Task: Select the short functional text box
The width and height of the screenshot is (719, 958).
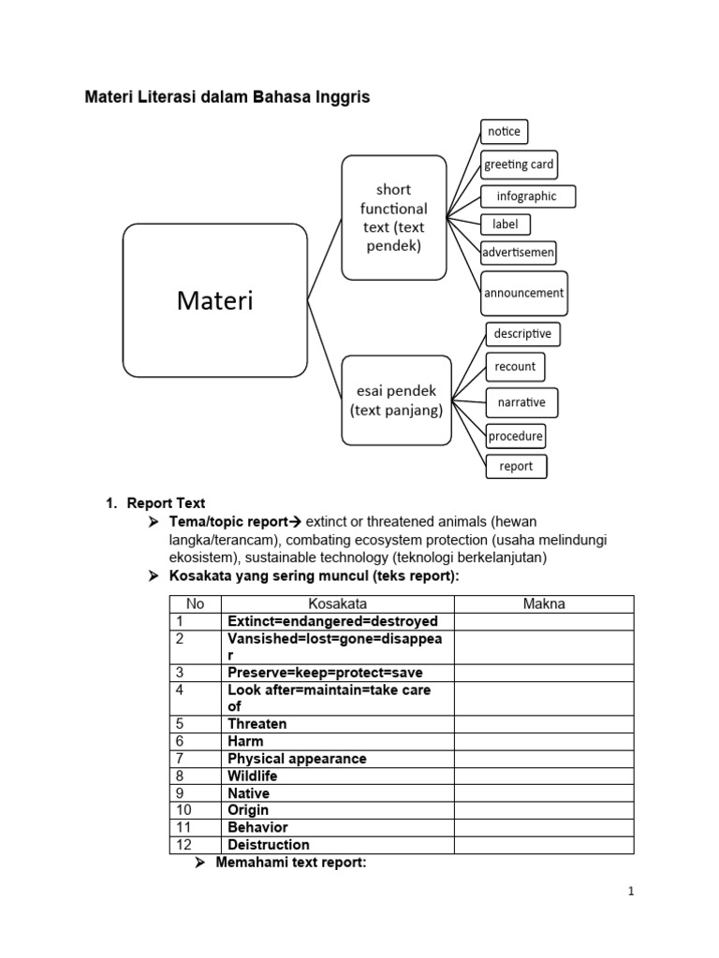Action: (393, 217)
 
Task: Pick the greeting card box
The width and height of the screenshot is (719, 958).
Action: (519, 165)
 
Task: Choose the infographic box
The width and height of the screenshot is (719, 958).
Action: (528, 196)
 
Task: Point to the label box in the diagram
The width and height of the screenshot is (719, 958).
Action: (505, 225)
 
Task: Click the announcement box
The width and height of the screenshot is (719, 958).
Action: (523, 293)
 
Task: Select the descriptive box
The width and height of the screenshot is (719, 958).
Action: (523, 333)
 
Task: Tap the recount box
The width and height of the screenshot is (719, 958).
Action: (516, 367)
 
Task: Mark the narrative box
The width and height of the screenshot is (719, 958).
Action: (521, 403)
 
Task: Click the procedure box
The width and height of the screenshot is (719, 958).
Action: (516, 436)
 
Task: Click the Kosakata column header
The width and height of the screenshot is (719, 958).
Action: (337, 604)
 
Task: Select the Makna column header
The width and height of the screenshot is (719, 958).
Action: (544, 604)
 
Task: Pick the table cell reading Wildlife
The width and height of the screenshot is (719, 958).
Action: (253, 777)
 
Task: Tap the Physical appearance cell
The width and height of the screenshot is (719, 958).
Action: (297, 759)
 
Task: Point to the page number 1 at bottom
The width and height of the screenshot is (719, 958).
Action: (632, 892)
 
